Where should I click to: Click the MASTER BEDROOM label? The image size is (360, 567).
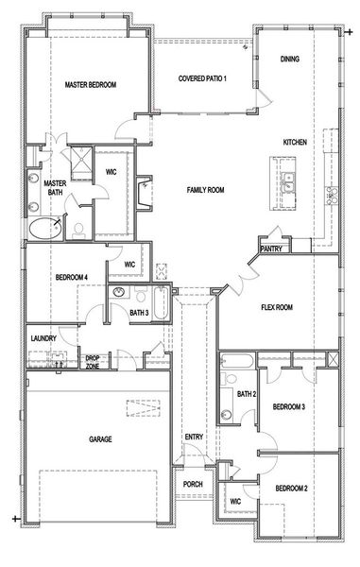coord(90,85)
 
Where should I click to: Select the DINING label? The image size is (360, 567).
coord(291,60)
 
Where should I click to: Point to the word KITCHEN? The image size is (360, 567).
coord(295,143)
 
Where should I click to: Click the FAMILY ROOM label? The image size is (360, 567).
coord(204,190)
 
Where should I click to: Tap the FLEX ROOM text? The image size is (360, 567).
coord(277,307)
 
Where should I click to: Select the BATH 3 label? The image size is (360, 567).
coord(139,313)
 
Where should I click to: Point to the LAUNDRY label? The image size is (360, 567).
coord(43,338)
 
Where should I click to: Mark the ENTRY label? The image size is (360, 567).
coord(194,437)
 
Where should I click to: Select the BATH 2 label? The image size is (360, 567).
coord(247,394)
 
